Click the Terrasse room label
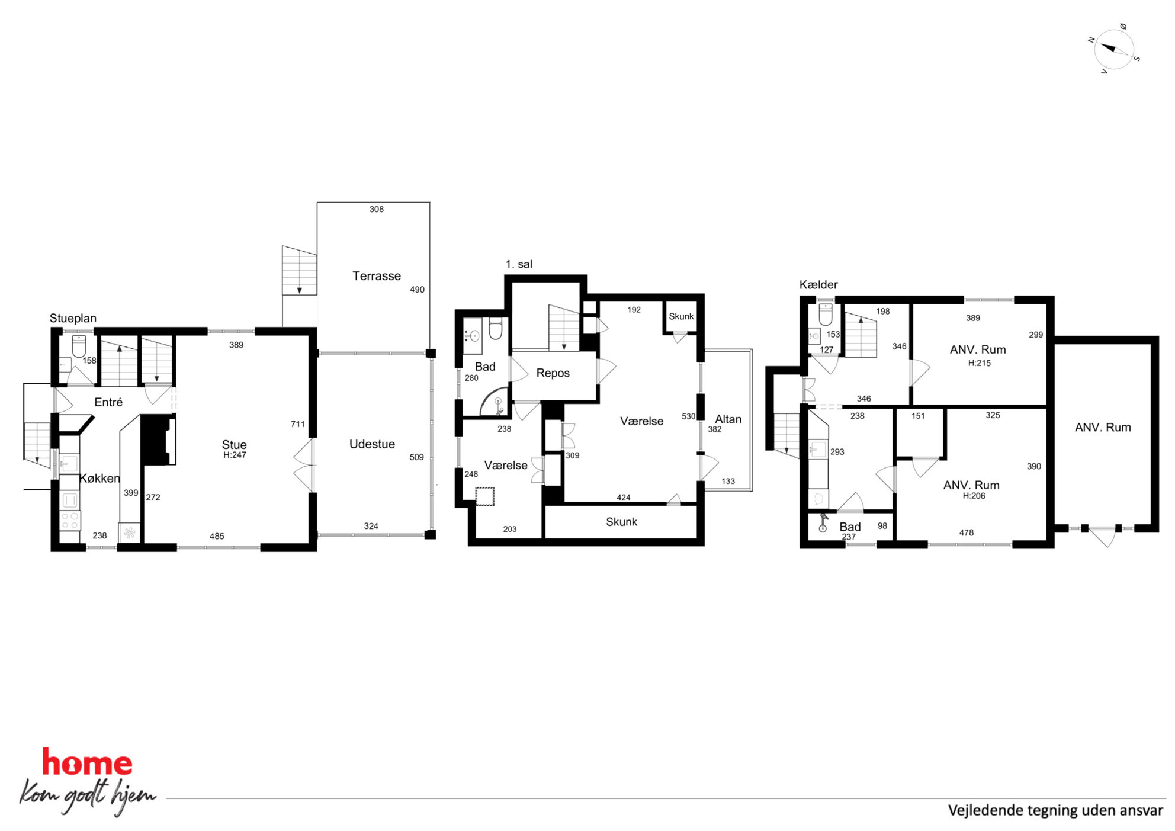pyautogui.click(x=377, y=276)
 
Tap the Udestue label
pyautogui.click(x=372, y=444)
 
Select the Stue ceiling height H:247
pyautogui.click(x=235, y=455)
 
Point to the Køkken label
pyautogui.click(x=99, y=479)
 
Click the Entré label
pyautogui.click(x=108, y=402)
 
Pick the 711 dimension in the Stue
pyautogui.click(x=298, y=424)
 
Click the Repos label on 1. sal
pyautogui.click(x=553, y=373)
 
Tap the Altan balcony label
pyautogui.click(x=728, y=419)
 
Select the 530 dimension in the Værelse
pyautogui.click(x=688, y=416)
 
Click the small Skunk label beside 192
pyautogui.click(x=681, y=316)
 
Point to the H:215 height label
pyautogui.click(x=980, y=363)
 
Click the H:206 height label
pyautogui.click(x=974, y=496)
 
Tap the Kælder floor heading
pyautogui.click(x=818, y=285)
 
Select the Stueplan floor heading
pyautogui.click(x=73, y=319)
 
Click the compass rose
pyautogui.click(x=1114, y=49)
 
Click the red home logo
pyautogui.click(x=87, y=762)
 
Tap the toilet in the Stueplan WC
pyautogui.click(x=79, y=346)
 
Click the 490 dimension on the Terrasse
pyautogui.click(x=417, y=290)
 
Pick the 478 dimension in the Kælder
pyautogui.click(x=967, y=533)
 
